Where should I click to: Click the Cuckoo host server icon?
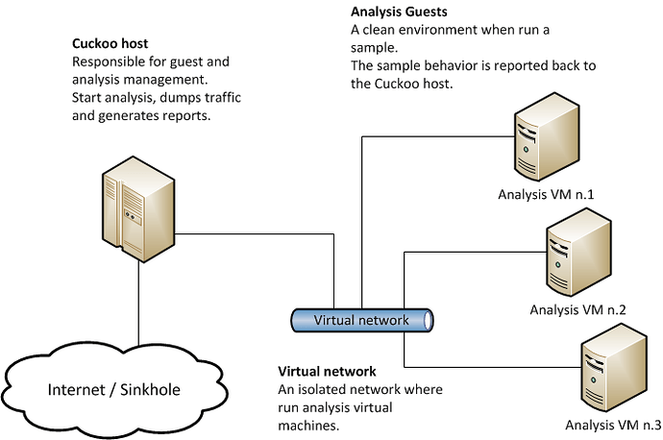138,208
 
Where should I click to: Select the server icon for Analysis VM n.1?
547,137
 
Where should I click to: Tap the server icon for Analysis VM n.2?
578,252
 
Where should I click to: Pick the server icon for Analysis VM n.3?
614,367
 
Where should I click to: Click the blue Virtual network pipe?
361,320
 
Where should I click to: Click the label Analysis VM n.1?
546,194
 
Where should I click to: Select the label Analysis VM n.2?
577,309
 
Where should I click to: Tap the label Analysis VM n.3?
613,425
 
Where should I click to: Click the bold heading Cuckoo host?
110,43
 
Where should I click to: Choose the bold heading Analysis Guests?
399,12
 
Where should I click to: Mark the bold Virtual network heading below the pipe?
327,371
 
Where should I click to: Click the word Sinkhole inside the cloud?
150,390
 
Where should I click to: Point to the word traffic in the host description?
223,98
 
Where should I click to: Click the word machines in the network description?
308,426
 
